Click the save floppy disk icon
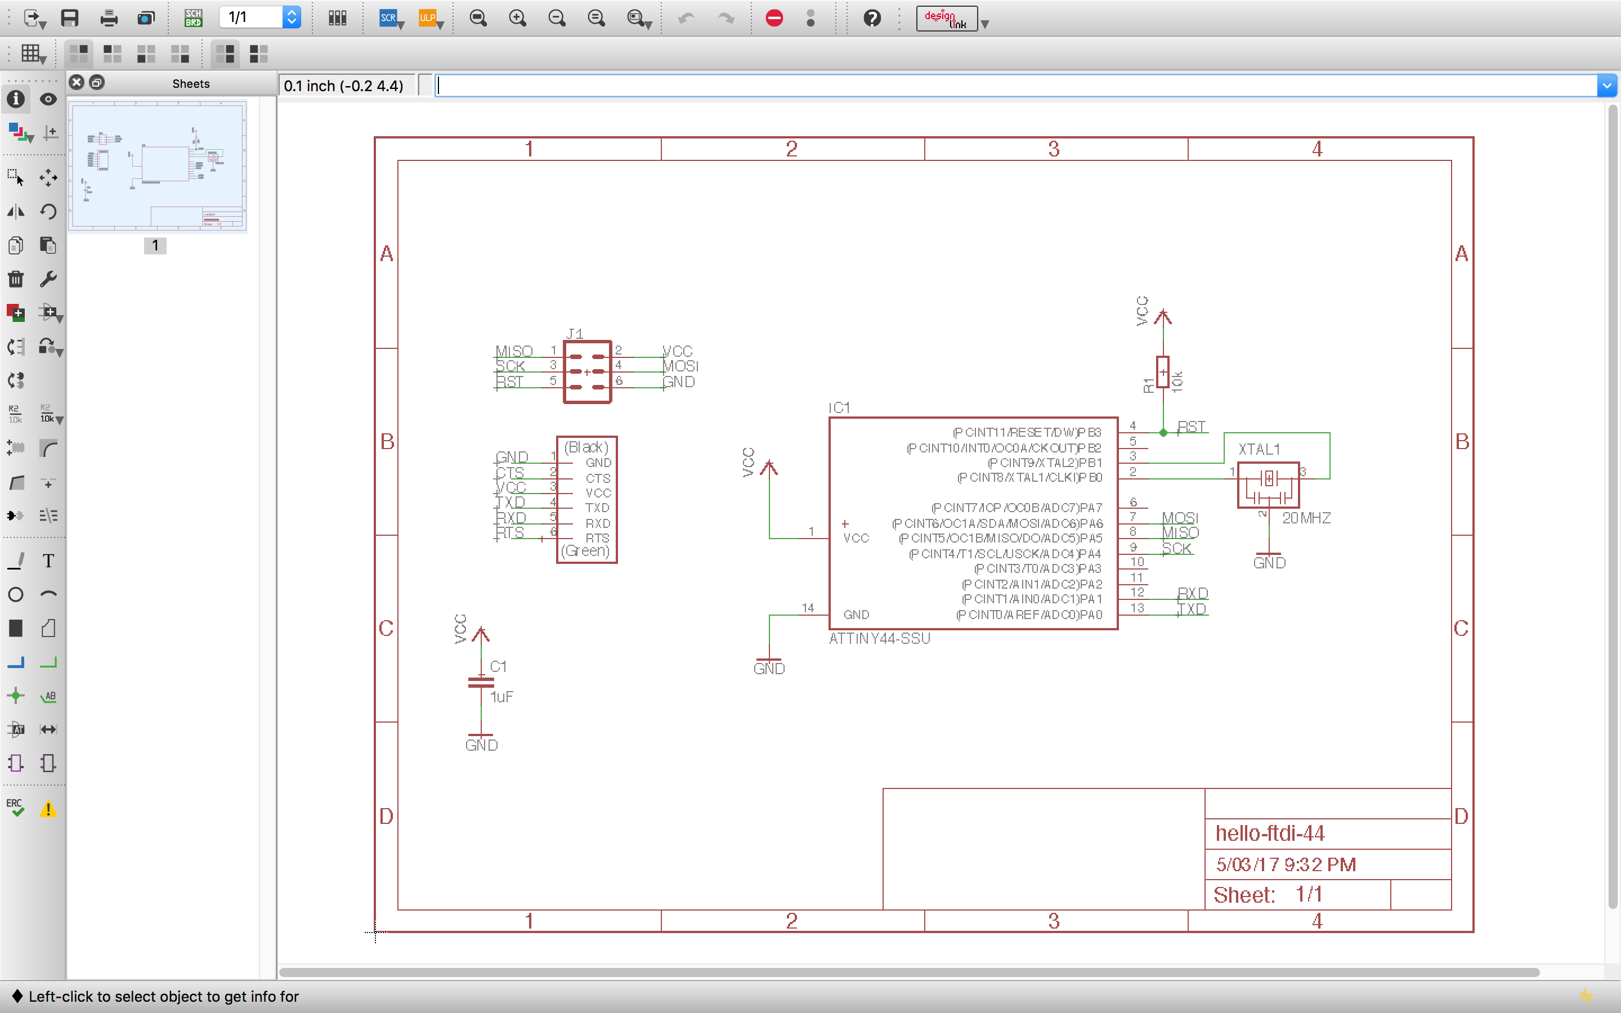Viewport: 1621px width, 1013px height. pyautogui.click(x=70, y=18)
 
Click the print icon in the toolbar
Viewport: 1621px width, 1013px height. pyautogui.click(x=109, y=18)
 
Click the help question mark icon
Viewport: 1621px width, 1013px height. pyautogui.click(x=871, y=18)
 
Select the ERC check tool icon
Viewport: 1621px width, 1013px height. pyautogui.click(x=15, y=808)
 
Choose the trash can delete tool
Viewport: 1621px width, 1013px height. pyautogui.click(x=15, y=279)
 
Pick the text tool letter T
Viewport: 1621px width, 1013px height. pyautogui.click(x=48, y=561)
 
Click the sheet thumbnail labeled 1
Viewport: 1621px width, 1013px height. pyautogui.click(x=158, y=166)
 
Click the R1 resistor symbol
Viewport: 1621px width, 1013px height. pyautogui.click(x=1163, y=373)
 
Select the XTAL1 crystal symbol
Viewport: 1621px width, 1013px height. pyautogui.click(x=1268, y=485)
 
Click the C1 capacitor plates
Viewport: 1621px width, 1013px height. pyautogui.click(x=481, y=682)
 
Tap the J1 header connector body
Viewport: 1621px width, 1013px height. pyautogui.click(x=587, y=372)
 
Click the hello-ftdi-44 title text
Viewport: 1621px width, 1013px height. pyautogui.click(x=1269, y=833)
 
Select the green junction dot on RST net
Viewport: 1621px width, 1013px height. pyautogui.click(x=1163, y=433)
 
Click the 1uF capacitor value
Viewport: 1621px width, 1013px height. pyautogui.click(x=501, y=697)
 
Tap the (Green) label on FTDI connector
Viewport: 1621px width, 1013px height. pyautogui.click(x=585, y=551)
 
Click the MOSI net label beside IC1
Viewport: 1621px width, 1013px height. pyautogui.click(x=1180, y=517)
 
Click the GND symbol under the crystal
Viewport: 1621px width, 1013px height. pyautogui.click(x=1269, y=562)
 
